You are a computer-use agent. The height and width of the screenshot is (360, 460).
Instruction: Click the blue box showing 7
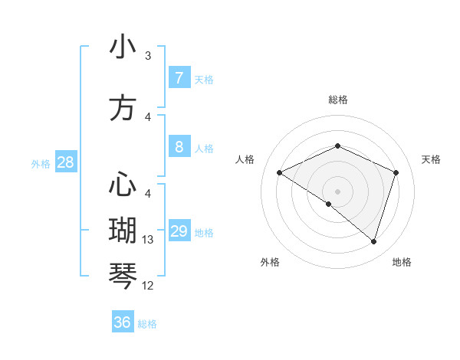tap(179, 78)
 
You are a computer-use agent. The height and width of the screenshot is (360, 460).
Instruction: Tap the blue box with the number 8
tap(179, 146)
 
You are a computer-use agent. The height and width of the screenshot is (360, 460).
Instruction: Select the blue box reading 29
tap(179, 231)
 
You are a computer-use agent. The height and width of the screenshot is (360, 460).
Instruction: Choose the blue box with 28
tap(65, 162)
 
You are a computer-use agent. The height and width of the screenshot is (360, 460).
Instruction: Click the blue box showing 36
tap(123, 322)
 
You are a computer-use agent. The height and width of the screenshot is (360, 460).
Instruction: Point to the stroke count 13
tap(148, 240)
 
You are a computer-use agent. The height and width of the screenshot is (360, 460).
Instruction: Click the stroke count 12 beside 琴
tap(148, 286)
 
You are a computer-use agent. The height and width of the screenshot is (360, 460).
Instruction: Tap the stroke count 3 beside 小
tap(148, 56)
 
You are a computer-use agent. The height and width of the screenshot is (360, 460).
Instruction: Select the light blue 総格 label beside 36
tap(147, 324)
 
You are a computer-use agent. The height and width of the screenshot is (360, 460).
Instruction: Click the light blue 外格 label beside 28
tap(41, 163)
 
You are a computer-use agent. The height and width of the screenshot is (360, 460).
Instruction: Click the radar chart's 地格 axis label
tap(402, 262)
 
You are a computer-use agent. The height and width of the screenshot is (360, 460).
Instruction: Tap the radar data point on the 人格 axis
tap(279, 173)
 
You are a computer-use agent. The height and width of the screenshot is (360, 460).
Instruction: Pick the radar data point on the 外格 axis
tap(329, 204)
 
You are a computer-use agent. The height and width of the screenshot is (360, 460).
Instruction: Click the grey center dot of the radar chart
tap(337, 191)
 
